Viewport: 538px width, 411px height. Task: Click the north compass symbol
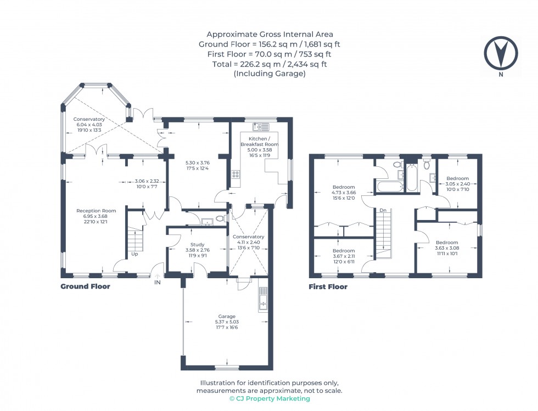click(500, 53)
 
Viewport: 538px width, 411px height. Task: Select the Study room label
click(198, 245)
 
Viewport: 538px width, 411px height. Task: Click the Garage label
click(227, 317)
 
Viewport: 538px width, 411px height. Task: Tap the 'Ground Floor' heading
click(85, 286)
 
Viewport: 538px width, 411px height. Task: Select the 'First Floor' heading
click(328, 286)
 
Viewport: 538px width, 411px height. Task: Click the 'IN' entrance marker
click(158, 283)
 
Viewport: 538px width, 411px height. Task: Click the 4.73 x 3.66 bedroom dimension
click(343, 193)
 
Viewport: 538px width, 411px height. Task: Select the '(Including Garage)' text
click(269, 74)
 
